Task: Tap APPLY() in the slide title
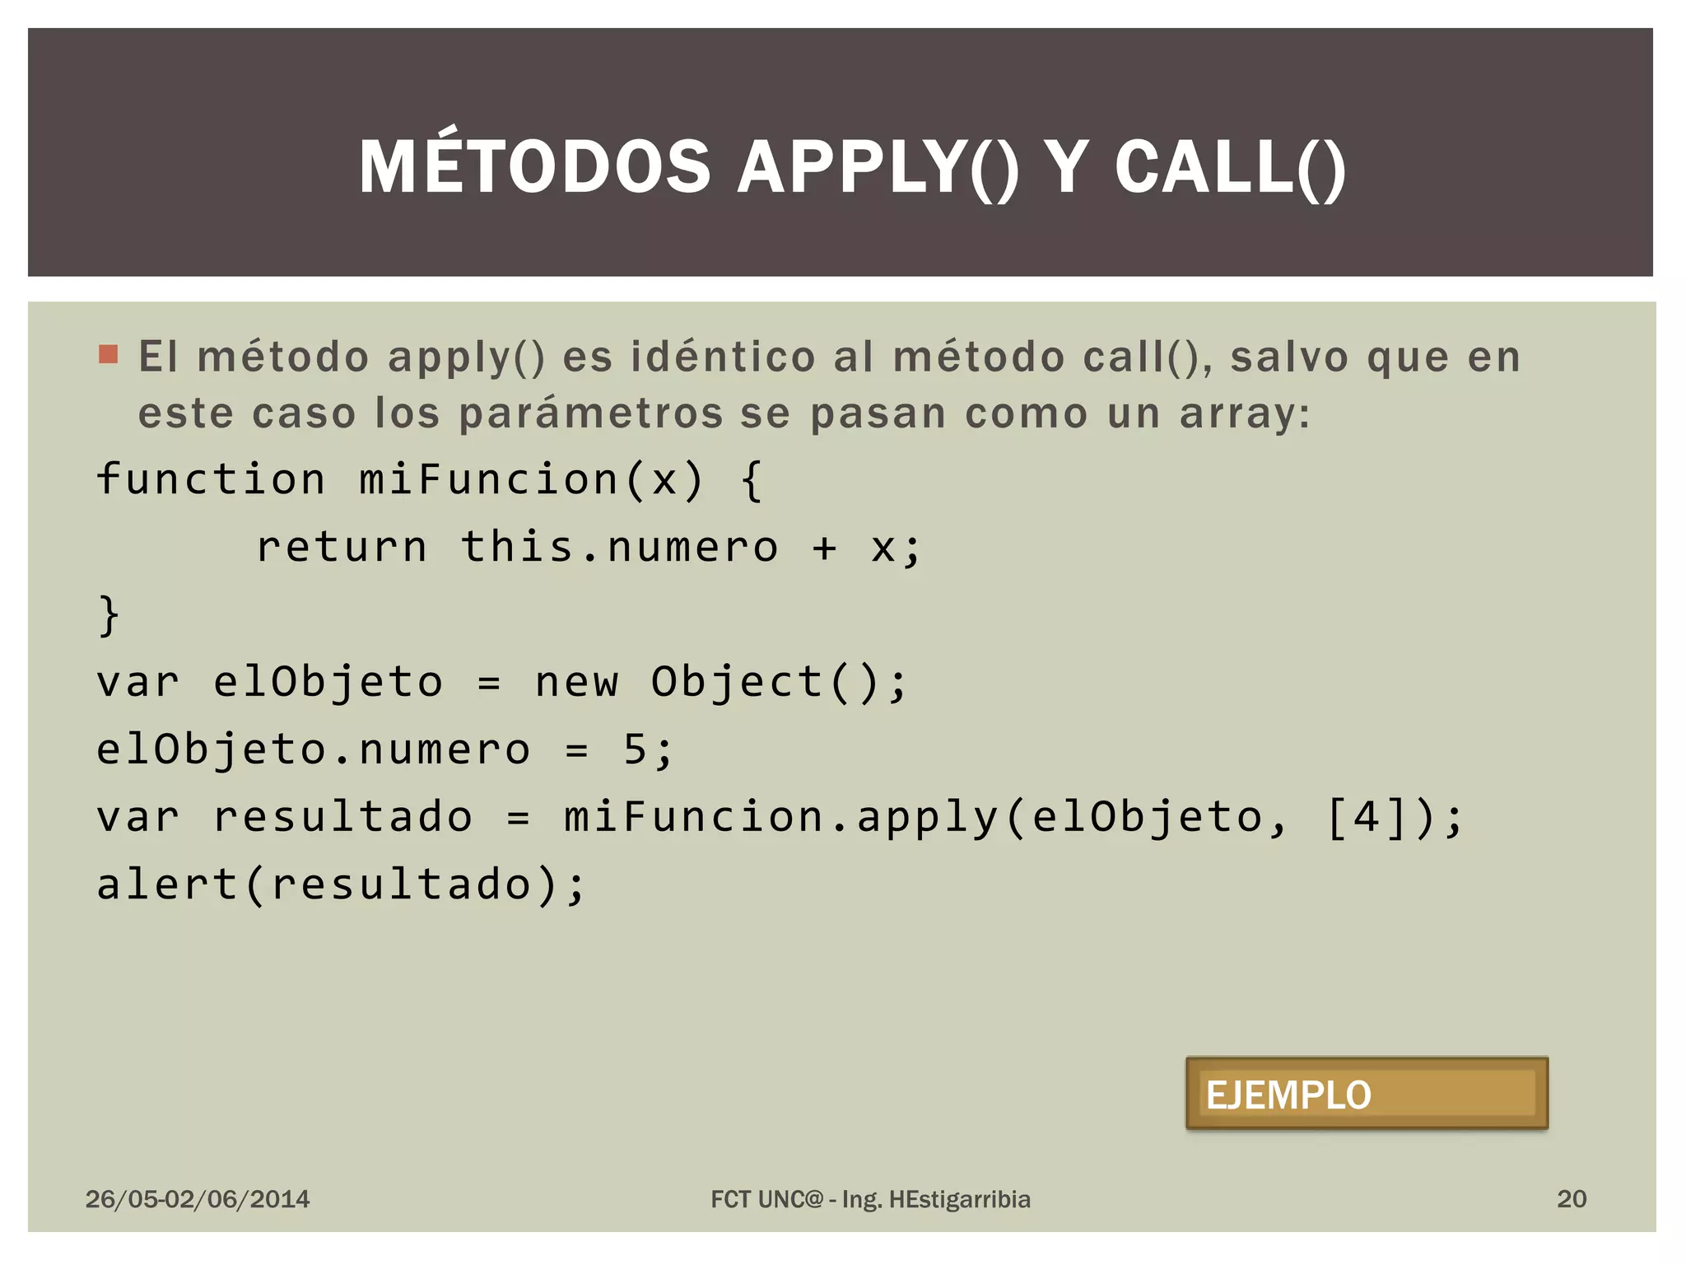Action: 878,167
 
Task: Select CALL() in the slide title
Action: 1230,167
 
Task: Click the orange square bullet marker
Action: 108,354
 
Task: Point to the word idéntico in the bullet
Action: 723,357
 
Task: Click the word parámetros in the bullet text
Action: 590,413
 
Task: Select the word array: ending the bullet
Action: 1244,413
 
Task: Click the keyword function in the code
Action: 211,479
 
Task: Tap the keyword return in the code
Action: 342,547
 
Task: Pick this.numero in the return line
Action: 619,547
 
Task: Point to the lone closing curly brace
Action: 109,615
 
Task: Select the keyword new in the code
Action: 576,682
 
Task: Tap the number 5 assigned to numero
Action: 635,749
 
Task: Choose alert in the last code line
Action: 167,885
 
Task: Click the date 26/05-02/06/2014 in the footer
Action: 198,1199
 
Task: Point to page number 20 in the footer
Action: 1571,1199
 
